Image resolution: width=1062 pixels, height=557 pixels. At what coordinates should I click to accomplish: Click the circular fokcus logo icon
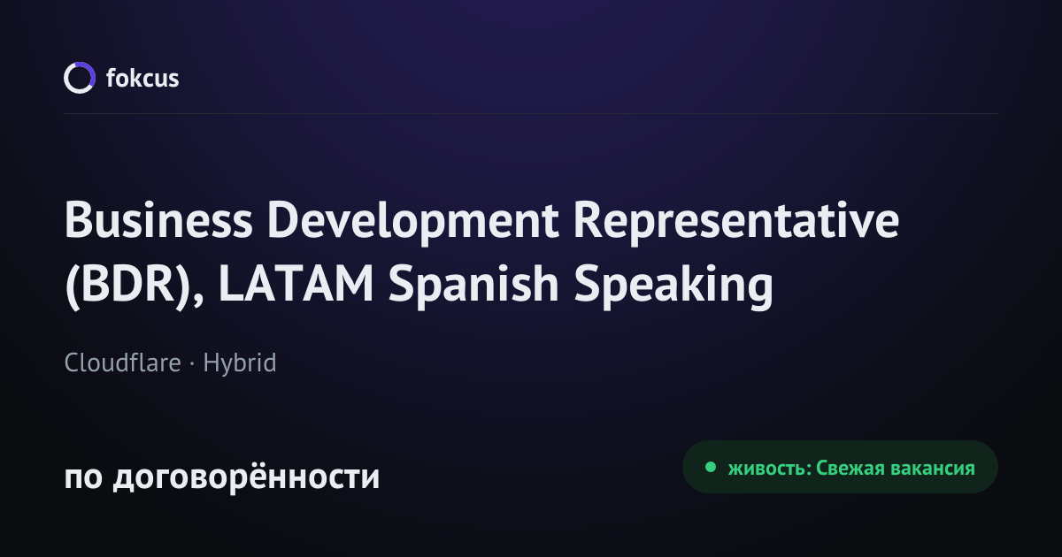(x=65, y=79)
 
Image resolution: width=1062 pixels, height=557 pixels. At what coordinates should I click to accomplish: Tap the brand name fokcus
(x=142, y=78)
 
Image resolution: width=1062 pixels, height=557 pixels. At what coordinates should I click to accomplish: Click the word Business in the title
(x=158, y=220)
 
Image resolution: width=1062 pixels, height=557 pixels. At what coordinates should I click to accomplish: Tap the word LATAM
(x=296, y=284)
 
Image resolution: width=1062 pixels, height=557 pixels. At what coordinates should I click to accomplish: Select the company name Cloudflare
(x=122, y=362)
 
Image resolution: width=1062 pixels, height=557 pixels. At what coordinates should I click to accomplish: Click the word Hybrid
(x=240, y=363)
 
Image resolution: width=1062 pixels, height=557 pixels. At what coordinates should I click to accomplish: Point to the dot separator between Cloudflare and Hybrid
(x=192, y=363)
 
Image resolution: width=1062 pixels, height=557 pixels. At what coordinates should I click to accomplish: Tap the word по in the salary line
(x=83, y=477)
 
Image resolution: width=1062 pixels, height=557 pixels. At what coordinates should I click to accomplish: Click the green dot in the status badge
(x=710, y=467)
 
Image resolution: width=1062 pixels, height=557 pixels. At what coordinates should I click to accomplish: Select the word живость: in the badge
(x=770, y=468)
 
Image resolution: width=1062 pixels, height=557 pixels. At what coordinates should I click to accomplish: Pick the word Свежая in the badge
(x=850, y=468)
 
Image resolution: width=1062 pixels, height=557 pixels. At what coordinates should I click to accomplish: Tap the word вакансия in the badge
(x=933, y=469)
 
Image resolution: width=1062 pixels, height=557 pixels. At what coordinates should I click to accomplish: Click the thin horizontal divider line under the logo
(x=531, y=114)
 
